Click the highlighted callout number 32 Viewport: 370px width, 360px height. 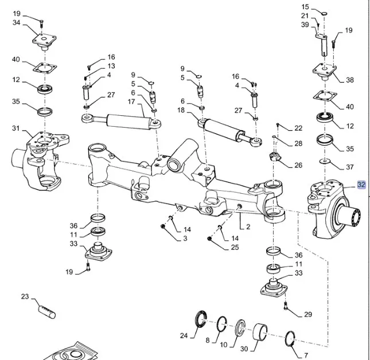pyautogui.click(x=361, y=185)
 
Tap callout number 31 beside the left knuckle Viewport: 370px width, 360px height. pyautogui.click(x=16, y=128)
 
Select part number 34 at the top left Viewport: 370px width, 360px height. pyautogui.click(x=16, y=22)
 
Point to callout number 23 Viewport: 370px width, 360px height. pyautogui.click(x=25, y=296)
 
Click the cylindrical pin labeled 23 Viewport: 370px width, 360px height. pyautogui.click(x=46, y=310)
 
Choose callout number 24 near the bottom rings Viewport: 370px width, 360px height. pyautogui.click(x=184, y=336)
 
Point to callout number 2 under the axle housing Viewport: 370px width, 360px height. pyautogui.click(x=248, y=227)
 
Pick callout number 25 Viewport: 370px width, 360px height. pyautogui.click(x=235, y=248)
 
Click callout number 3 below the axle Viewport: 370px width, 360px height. pyautogui.click(x=185, y=238)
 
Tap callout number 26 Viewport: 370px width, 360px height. pyautogui.click(x=298, y=165)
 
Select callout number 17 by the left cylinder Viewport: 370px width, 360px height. pyautogui.click(x=131, y=102)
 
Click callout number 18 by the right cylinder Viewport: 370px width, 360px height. pyautogui.click(x=182, y=109)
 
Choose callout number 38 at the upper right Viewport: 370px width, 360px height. pyautogui.click(x=349, y=80)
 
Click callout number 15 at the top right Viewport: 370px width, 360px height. pyautogui.click(x=305, y=6)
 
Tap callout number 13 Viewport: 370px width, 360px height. pyautogui.click(x=111, y=66)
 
